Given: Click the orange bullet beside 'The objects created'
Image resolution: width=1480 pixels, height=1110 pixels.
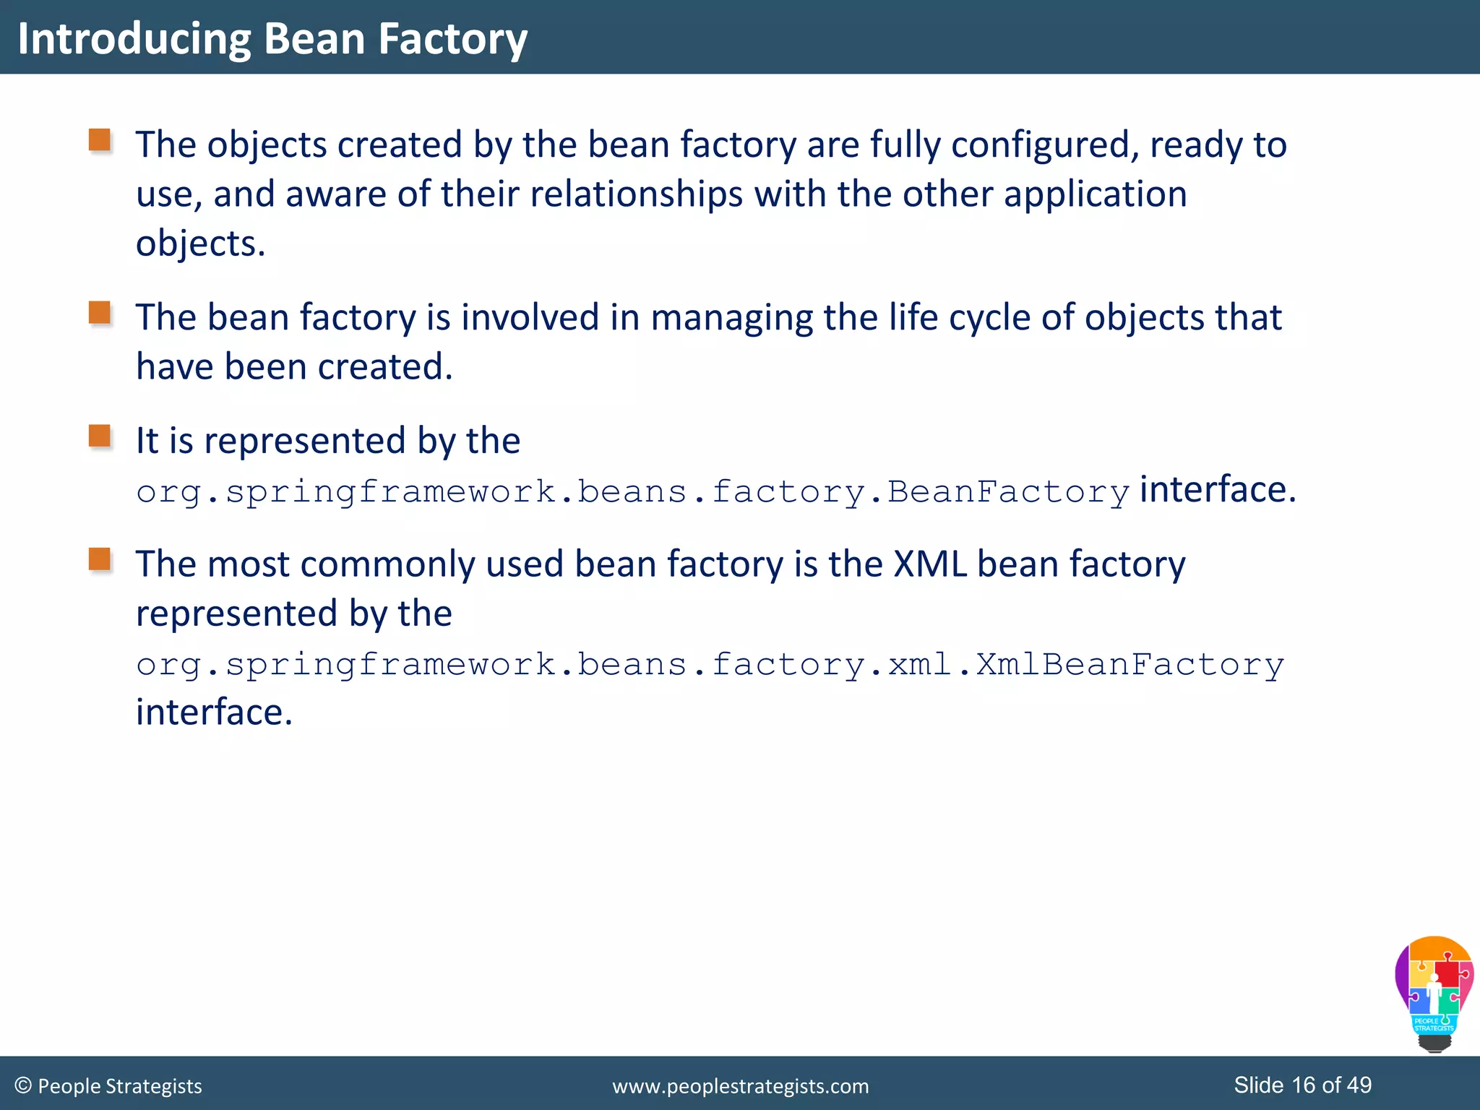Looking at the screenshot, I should click(x=100, y=140).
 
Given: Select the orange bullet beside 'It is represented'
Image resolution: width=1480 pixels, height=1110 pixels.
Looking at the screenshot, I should click(x=100, y=436).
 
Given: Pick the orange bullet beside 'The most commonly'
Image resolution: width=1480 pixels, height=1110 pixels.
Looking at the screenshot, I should click(x=100, y=559).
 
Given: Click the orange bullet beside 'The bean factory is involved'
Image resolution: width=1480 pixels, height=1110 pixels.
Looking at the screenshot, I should click(x=100, y=313).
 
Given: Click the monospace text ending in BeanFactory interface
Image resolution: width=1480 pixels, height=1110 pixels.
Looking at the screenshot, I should click(x=632, y=493).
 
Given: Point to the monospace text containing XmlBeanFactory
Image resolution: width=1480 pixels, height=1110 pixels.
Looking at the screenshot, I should click(x=710, y=665).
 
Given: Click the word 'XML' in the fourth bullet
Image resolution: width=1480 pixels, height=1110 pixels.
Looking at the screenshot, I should click(x=929, y=564).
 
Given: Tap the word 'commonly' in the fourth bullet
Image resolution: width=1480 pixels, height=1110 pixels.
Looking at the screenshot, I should click(x=387, y=564).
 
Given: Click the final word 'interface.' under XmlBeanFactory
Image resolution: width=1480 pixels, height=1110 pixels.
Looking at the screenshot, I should click(x=214, y=713).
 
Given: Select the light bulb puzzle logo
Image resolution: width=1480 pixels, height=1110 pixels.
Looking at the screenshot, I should click(x=1434, y=993).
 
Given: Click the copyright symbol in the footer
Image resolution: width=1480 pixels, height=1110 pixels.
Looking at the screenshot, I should click(x=23, y=1085).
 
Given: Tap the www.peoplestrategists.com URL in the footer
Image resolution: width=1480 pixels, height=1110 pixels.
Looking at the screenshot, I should click(x=740, y=1086).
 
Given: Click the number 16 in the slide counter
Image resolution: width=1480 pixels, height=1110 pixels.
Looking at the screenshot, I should click(x=1303, y=1085).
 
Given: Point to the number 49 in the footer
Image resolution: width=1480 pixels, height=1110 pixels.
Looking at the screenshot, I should click(x=1359, y=1085).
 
